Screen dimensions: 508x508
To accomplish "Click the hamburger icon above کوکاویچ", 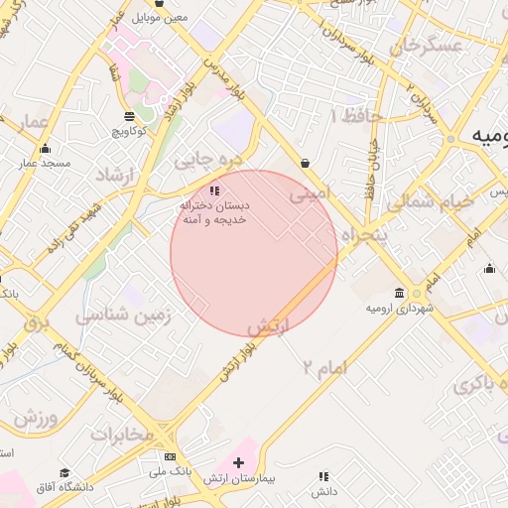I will [x=130, y=115].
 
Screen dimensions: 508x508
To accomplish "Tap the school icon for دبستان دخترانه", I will [x=214, y=190].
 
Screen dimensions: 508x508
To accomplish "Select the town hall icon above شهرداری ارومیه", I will [x=399, y=294].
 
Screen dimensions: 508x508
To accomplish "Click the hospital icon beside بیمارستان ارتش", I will [x=238, y=463].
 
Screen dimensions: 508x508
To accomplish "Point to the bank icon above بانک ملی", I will [x=170, y=457].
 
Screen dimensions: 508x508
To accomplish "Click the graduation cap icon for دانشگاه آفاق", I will [x=65, y=473].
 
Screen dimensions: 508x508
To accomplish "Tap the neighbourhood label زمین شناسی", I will [x=125, y=316].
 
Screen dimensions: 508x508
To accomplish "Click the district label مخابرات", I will [x=122, y=435].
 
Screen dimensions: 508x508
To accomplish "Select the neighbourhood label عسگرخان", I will [x=428, y=46].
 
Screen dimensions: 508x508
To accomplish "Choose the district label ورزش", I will [x=40, y=415].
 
